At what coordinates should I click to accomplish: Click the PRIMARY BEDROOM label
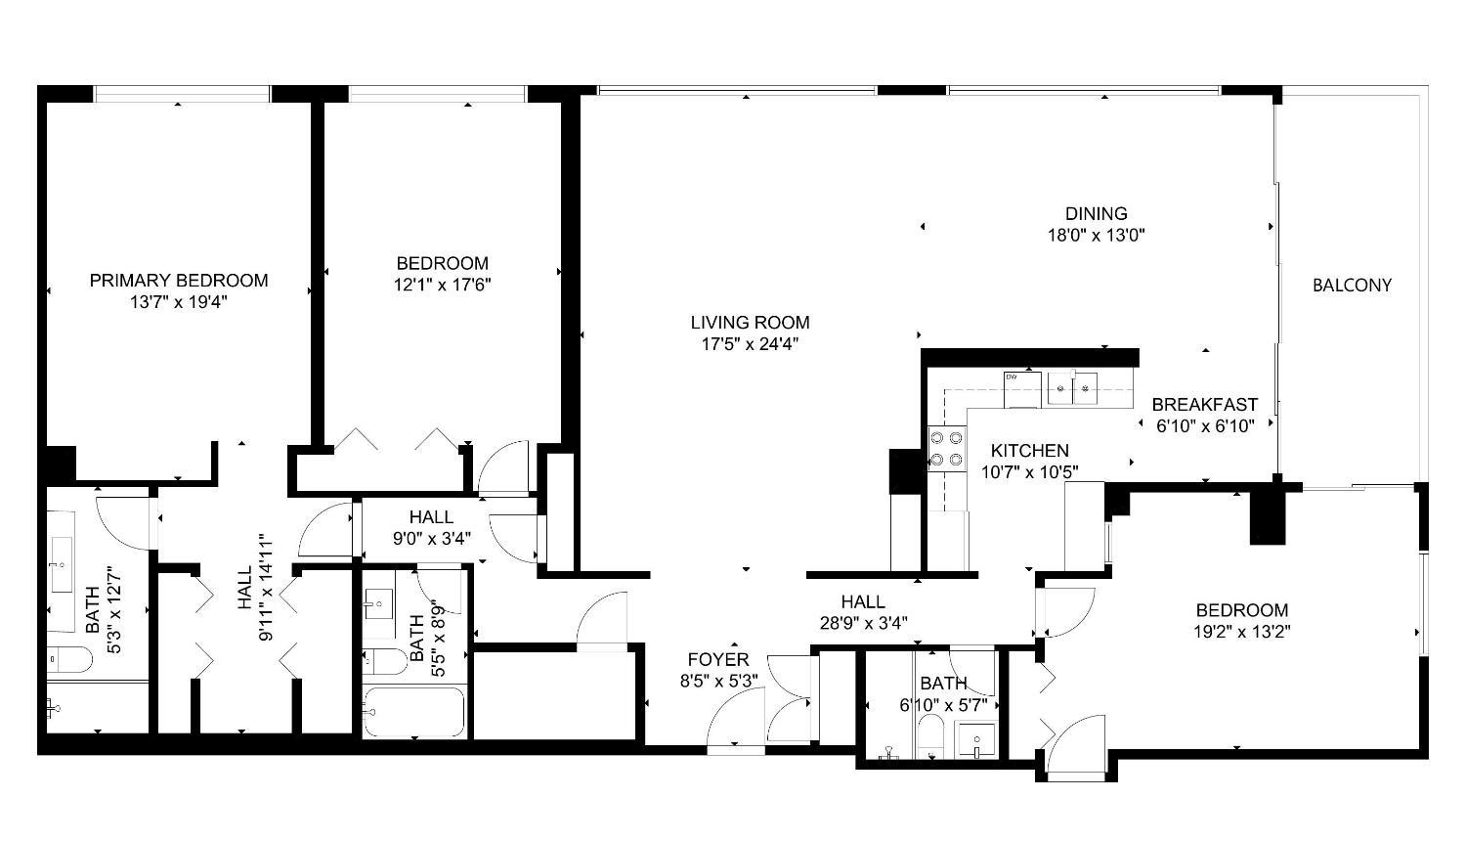coord(179,281)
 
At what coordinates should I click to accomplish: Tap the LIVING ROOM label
coord(750,323)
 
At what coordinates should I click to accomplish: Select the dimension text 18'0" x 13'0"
coord(1097,235)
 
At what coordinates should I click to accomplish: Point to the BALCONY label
coord(1352,286)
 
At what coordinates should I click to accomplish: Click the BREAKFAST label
coord(1205,405)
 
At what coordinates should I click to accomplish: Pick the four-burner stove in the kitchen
coord(947,449)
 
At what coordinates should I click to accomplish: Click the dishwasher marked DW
coord(1022,389)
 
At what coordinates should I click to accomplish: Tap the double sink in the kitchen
coord(1073,388)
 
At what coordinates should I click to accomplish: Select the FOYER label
coord(718,659)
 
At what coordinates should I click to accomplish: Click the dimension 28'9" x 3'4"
coord(863,623)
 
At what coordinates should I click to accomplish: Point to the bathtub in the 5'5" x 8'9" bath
coord(415,712)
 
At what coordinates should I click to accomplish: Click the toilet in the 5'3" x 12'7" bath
coord(70,659)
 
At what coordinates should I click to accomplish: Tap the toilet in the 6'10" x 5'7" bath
coord(930,737)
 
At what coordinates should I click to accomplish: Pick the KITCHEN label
coord(1029,451)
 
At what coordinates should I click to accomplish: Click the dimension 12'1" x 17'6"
coord(443,285)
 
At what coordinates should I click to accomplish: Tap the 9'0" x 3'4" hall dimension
coord(431,539)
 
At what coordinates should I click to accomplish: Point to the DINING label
coord(1097,213)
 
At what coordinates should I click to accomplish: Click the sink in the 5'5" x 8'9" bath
coord(379,603)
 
